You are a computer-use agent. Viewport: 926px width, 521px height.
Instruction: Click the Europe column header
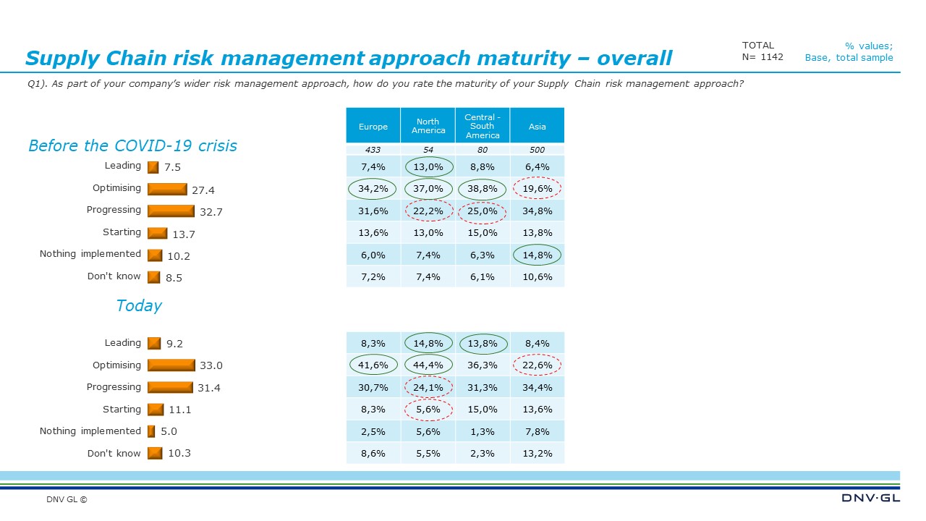click(373, 127)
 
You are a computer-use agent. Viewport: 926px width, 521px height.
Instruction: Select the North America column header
click(428, 126)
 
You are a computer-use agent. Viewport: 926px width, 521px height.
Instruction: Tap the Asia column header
click(537, 127)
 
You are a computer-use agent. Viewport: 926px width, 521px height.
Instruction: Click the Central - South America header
click(483, 126)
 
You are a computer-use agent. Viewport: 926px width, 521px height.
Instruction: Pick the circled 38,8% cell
click(483, 189)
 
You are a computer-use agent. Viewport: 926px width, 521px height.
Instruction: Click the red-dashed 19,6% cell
click(537, 189)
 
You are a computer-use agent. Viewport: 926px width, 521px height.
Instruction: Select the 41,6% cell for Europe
click(373, 365)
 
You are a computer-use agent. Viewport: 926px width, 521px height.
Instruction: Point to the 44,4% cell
click(428, 365)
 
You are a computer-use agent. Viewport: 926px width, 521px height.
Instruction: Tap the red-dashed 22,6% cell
click(537, 365)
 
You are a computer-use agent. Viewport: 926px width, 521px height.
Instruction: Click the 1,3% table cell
click(483, 432)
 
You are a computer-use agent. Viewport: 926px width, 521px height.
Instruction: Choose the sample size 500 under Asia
click(537, 150)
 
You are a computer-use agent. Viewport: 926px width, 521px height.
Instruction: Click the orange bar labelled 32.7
click(171, 211)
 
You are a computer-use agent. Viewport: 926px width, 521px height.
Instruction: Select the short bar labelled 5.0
click(151, 431)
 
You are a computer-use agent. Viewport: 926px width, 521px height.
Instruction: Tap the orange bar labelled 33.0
click(171, 365)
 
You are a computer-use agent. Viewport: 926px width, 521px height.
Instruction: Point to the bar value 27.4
click(203, 190)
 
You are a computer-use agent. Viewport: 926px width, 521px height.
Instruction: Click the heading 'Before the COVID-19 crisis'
click(132, 145)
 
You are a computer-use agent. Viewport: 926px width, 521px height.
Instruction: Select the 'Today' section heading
click(139, 305)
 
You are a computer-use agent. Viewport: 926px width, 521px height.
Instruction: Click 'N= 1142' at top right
click(763, 57)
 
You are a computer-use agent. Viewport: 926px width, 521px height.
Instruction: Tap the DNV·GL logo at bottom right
click(870, 498)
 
